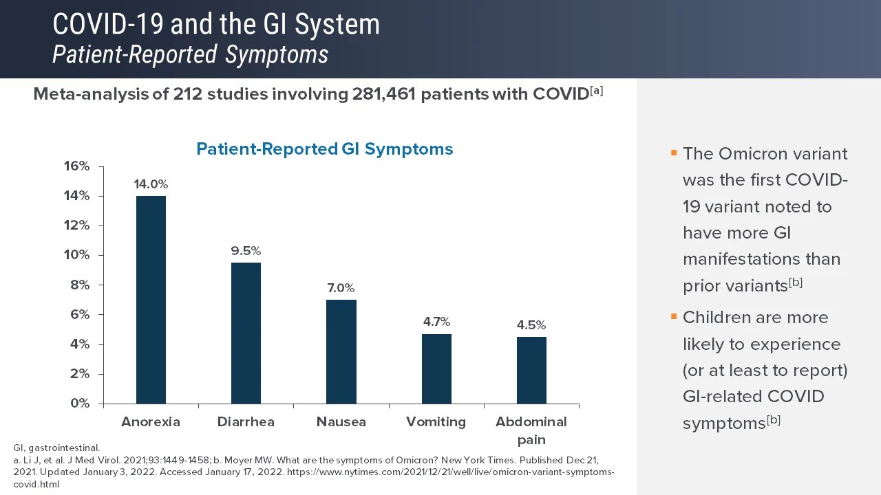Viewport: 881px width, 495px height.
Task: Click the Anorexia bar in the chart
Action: click(x=151, y=300)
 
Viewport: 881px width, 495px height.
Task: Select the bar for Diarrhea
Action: click(x=246, y=333)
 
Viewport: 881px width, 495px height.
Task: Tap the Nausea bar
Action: click(x=341, y=351)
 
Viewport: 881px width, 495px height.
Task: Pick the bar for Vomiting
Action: click(x=436, y=368)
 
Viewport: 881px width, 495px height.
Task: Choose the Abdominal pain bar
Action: click(x=531, y=370)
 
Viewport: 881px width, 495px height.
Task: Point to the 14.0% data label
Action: click(x=151, y=184)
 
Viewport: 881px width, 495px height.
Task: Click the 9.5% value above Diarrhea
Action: click(x=246, y=251)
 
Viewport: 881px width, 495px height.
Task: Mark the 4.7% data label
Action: click(x=436, y=322)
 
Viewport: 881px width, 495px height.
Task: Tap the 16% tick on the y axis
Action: click(x=76, y=166)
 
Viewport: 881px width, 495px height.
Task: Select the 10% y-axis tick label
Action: click(x=76, y=255)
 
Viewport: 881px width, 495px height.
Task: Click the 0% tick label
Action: click(x=80, y=404)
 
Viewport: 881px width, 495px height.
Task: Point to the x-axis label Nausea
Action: click(x=341, y=422)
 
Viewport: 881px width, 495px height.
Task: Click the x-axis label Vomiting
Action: click(x=436, y=422)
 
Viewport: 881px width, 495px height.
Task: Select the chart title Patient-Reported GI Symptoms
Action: click(x=325, y=149)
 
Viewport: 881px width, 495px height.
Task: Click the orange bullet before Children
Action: click(x=674, y=317)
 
